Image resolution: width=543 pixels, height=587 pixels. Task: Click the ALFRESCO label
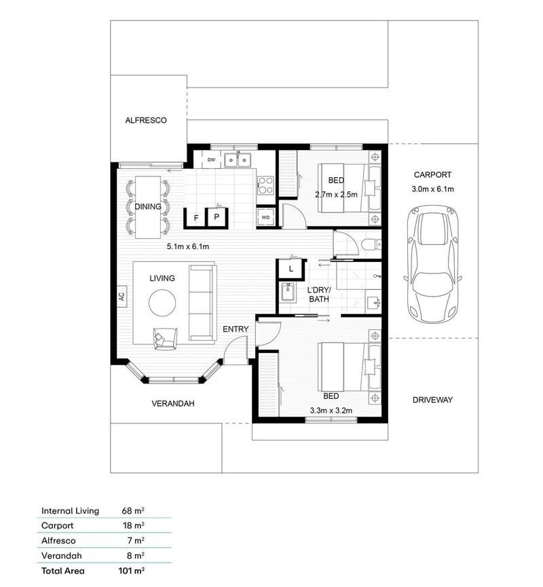click(x=146, y=120)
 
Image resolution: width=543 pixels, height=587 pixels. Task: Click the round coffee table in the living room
click(x=163, y=303)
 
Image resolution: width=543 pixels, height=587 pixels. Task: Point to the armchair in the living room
click(x=165, y=337)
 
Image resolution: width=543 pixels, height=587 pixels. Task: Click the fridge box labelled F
click(x=196, y=218)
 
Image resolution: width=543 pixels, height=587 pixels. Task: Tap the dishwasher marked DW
click(x=211, y=160)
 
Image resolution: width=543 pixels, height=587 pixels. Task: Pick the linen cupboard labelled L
click(x=291, y=269)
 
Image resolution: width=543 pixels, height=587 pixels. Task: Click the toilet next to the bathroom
click(x=369, y=244)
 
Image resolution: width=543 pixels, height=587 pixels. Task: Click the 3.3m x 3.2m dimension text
click(x=331, y=410)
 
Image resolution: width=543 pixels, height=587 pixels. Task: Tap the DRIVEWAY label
click(x=432, y=400)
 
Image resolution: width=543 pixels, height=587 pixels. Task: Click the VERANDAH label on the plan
click(x=172, y=403)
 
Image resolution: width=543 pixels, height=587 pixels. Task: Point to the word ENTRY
click(x=236, y=329)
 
